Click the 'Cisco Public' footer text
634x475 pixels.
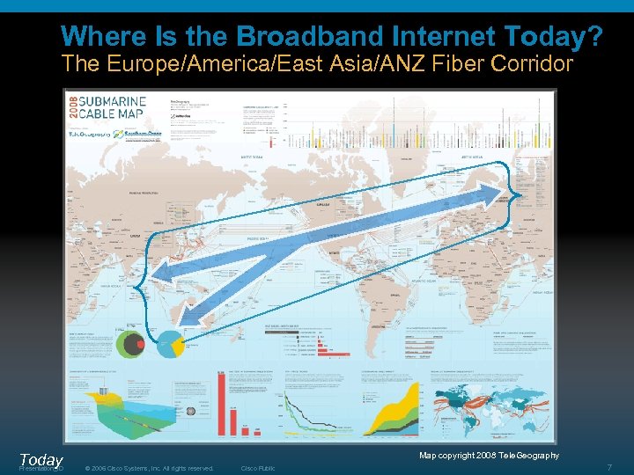(258, 468)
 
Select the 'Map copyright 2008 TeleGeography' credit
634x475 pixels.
(489, 455)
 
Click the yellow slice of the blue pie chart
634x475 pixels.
(177, 347)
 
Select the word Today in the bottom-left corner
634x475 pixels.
(41, 459)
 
